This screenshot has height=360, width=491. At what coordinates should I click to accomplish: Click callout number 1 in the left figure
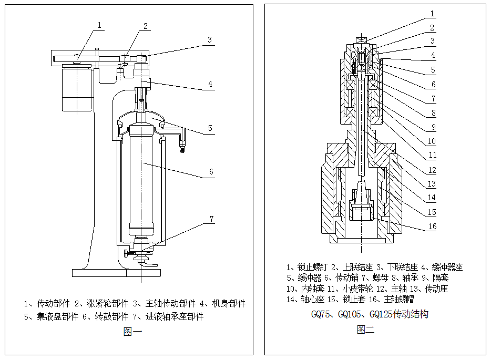[100, 25]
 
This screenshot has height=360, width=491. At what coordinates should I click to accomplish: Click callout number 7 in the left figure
[212, 219]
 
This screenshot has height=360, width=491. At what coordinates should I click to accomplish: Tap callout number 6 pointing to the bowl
[211, 172]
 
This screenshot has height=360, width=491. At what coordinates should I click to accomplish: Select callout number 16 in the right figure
[432, 227]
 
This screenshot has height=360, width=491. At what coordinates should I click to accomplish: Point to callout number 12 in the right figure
[432, 170]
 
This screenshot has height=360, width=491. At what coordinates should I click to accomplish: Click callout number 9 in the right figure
[432, 127]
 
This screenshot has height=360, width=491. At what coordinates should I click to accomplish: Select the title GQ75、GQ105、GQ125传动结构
[370, 315]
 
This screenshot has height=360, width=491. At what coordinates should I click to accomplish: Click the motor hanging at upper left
[77, 89]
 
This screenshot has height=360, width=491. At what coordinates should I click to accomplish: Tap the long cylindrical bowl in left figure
[142, 179]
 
